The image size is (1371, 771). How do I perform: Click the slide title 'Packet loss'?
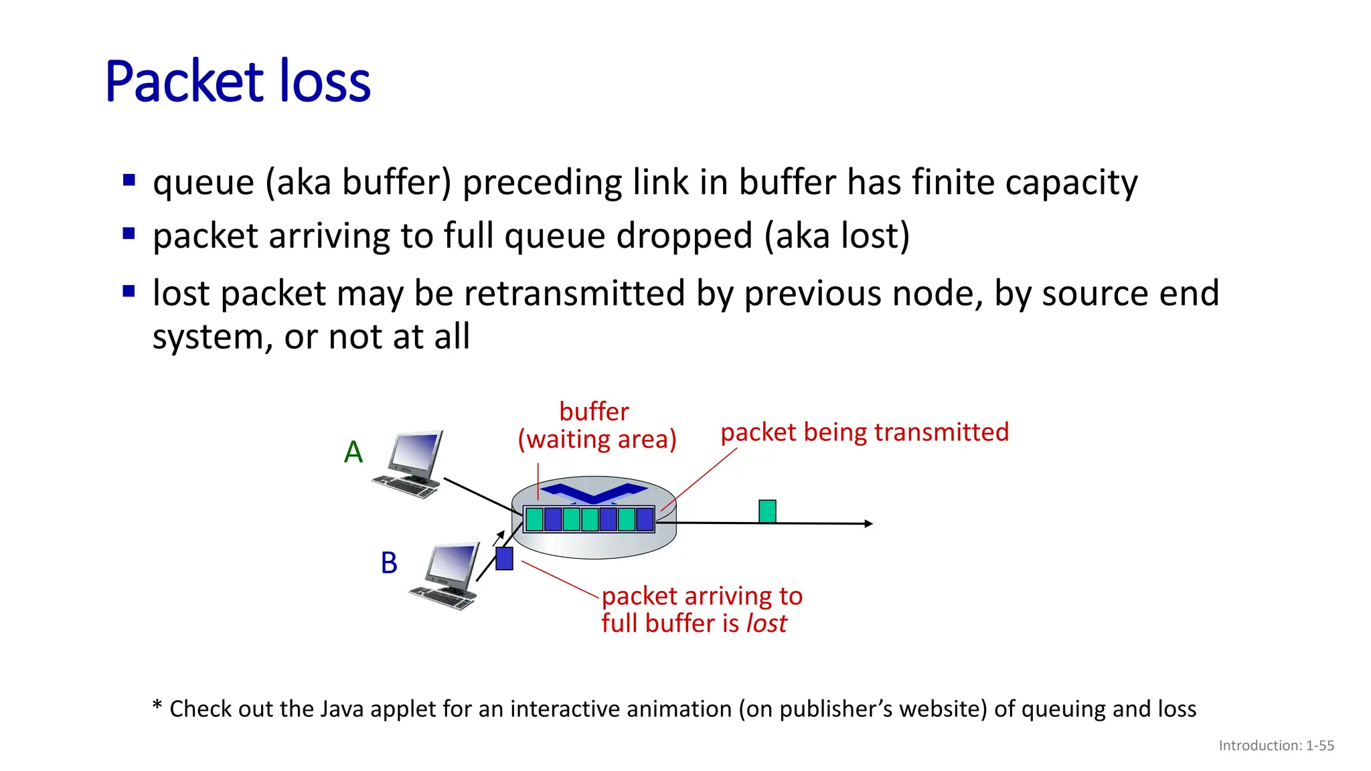(238, 82)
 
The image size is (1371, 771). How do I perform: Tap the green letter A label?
(353, 452)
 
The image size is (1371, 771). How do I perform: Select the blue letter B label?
(389, 563)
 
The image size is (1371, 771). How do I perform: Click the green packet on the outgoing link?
(767, 511)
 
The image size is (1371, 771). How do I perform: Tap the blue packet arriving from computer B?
(504, 558)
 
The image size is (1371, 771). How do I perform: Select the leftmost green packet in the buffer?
(534, 519)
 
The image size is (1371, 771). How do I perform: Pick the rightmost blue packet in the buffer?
(645, 519)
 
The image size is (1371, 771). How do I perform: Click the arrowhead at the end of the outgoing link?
(869, 523)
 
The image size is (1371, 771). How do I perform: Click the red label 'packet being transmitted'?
(864, 432)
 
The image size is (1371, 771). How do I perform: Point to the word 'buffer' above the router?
(594, 412)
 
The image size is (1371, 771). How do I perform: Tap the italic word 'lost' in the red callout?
(767, 624)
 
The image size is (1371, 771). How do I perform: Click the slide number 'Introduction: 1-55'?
(1276, 746)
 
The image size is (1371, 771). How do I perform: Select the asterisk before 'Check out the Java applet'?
(157, 706)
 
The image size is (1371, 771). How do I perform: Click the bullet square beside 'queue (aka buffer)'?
(129, 180)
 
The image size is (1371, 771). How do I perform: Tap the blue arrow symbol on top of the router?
(594, 493)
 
